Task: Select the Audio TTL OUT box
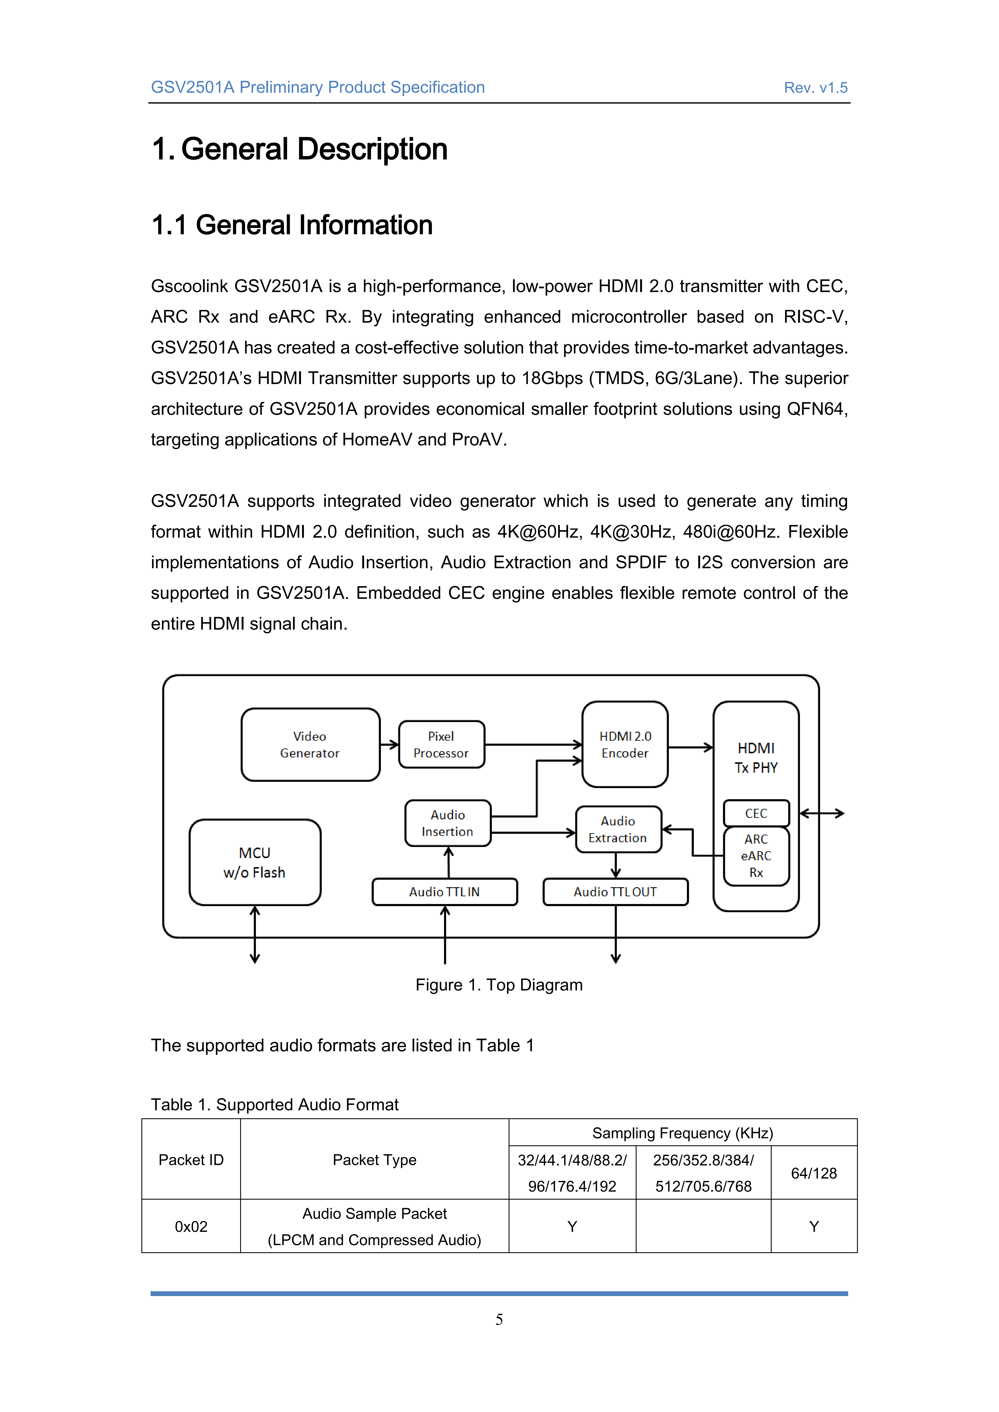click(x=615, y=892)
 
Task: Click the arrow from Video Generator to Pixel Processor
click(x=389, y=745)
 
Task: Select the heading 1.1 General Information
click(x=292, y=225)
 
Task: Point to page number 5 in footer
click(x=499, y=1319)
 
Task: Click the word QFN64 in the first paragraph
click(x=816, y=409)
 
